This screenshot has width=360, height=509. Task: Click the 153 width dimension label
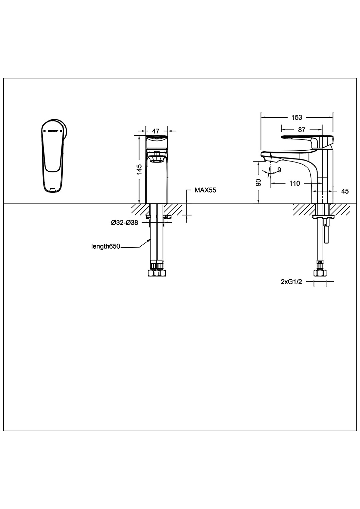click(x=296, y=117)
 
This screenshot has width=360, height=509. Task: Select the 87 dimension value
click(x=302, y=130)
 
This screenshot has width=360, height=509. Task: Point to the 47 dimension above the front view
click(x=156, y=131)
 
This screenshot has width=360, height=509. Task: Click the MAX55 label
click(x=205, y=190)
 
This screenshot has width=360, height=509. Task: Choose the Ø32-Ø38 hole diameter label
click(x=124, y=223)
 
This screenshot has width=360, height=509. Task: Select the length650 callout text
click(x=106, y=247)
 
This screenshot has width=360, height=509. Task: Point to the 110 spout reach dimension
click(x=294, y=183)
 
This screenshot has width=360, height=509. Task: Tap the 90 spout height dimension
click(x=258, y=182)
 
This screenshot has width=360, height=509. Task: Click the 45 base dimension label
click(x=345, y=191)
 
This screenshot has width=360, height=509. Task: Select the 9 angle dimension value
click(x=279, y=170)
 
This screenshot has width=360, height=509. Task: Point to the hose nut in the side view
click(x=320, y=272)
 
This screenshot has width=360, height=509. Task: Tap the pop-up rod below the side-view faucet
click(x=326, y=234)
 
